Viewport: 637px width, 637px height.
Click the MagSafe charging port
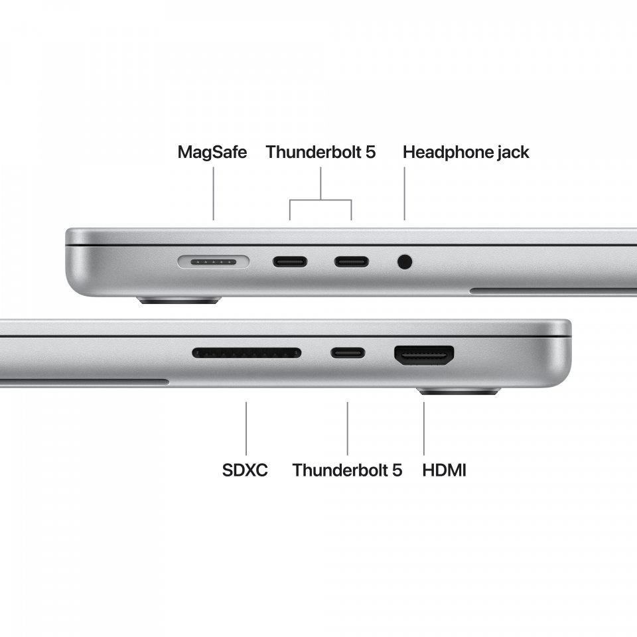point(213,261)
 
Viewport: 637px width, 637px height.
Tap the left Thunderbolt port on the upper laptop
point(290,261)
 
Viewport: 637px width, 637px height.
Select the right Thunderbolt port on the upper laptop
point(352,261)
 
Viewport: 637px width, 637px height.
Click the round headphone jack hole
point(405,261)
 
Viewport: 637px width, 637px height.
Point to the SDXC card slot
point(247,352)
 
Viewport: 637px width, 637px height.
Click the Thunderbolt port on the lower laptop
point(348,352)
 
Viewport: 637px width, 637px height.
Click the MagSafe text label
point(212,153)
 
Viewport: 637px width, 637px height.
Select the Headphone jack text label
point(466,153)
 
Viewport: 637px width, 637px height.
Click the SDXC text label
point(245,470)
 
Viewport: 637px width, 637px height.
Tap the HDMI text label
point(444,470)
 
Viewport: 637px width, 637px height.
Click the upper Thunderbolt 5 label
point(320,153)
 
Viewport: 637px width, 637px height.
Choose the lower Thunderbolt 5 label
point(347,470)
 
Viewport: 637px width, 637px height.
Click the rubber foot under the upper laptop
point(178,301)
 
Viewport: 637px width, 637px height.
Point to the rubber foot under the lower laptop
point(459,391)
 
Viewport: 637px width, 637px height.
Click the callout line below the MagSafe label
point(214,194)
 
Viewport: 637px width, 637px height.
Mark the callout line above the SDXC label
point(246,429)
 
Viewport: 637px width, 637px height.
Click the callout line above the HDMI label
point(424,429)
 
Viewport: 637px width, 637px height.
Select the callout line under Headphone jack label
point(405,194)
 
